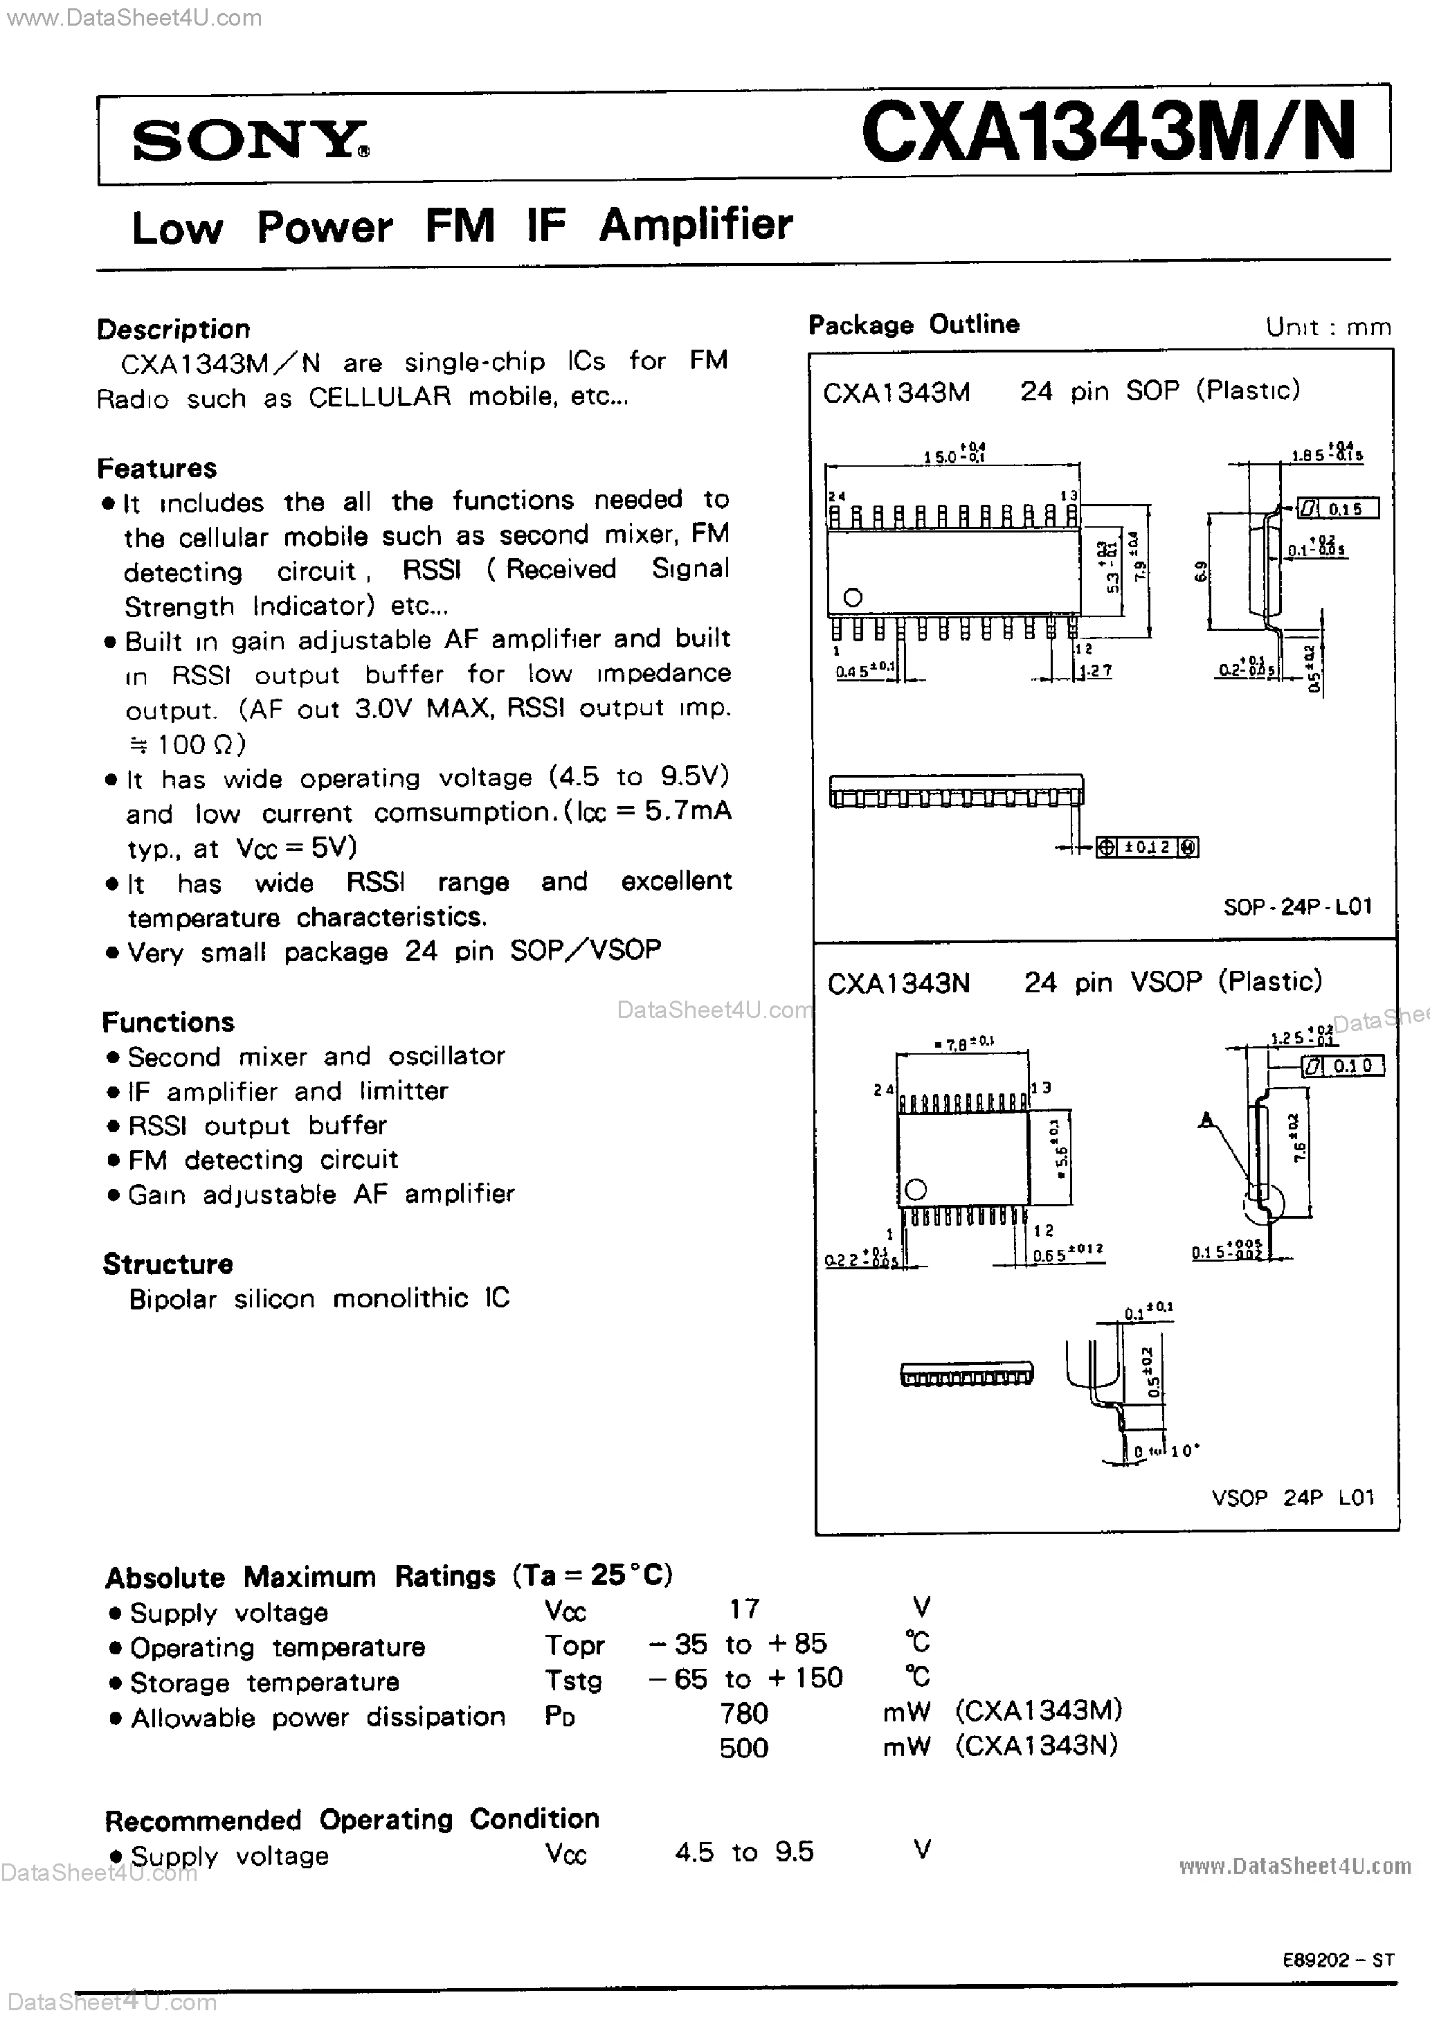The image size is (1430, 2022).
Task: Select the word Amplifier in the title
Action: click(696, 224)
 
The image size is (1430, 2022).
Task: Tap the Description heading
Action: click(174, 330)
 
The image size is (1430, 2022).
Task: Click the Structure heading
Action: click(168, 1264)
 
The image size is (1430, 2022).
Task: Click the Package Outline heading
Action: click(913, 325)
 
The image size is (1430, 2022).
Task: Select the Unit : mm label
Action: click(1328, 328)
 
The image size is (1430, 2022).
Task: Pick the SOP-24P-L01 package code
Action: click(1297, 906)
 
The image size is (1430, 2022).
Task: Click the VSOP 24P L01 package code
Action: click(1292, 1497)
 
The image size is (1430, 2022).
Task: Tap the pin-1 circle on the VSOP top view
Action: click(916, 1190)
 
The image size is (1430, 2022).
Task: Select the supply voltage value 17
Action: click(744, 1609)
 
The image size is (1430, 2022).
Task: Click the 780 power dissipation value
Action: click(743, 1713)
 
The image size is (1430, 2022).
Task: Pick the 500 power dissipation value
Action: click(743, 1747)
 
